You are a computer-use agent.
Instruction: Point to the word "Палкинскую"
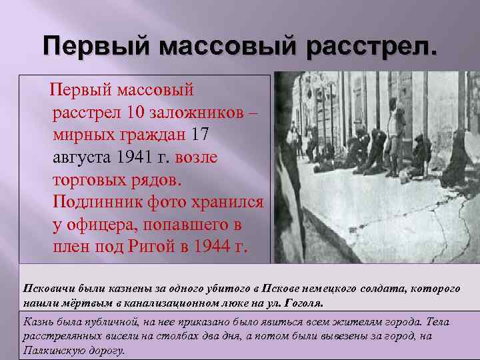tap(52, 349)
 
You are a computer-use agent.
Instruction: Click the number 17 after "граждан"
tap(200, 135)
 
